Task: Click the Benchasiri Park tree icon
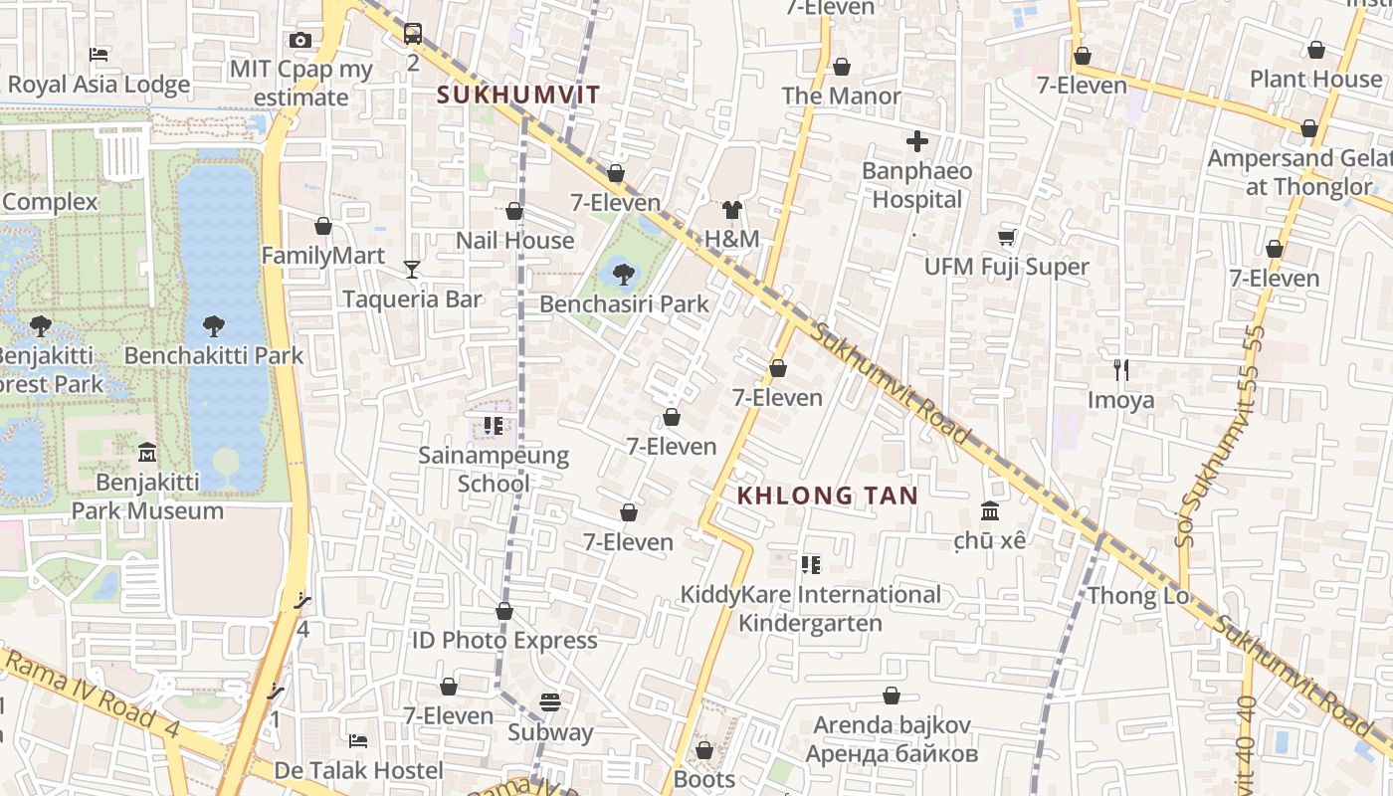pyautogui.click(x=624, y=273)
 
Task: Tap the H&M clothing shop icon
pyautogui.click(x=732, y=210)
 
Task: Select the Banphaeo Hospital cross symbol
pyautogui.click(x=916, y=141)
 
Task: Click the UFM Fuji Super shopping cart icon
pyautogui.click(x=1006, y=237)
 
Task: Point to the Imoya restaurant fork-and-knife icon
pyautogui.click(x=1121, y=370)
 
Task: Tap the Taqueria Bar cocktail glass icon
pyautogui.click(x=412, y=269)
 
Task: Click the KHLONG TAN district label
pyautogui.click(x=827, y=495)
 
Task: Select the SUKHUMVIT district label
pyautogui.click(x=518, y=95)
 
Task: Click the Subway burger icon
pyautogui.click(x=550, y=702)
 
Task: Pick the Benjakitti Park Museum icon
pyautogui.click(x=147, y=452)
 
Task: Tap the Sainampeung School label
pyautogui.click(x=494, y=470)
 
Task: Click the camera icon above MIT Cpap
pyautogui.click(x=300, y=40)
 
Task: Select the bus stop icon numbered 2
pyautogui.click(x=413, y=34)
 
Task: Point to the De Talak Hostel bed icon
pyautogui.click(x=358, y=740)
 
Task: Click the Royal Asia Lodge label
pyautogui.click(x=99, y=85)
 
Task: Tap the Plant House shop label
pyautogui.click(x=1315, y=79)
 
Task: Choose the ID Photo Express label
pyautogui.click(x=504, y=640)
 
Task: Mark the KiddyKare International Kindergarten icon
pyautogui.click(x=811, y=565)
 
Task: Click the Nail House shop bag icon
pyautogui.click(x=514, y=211)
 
